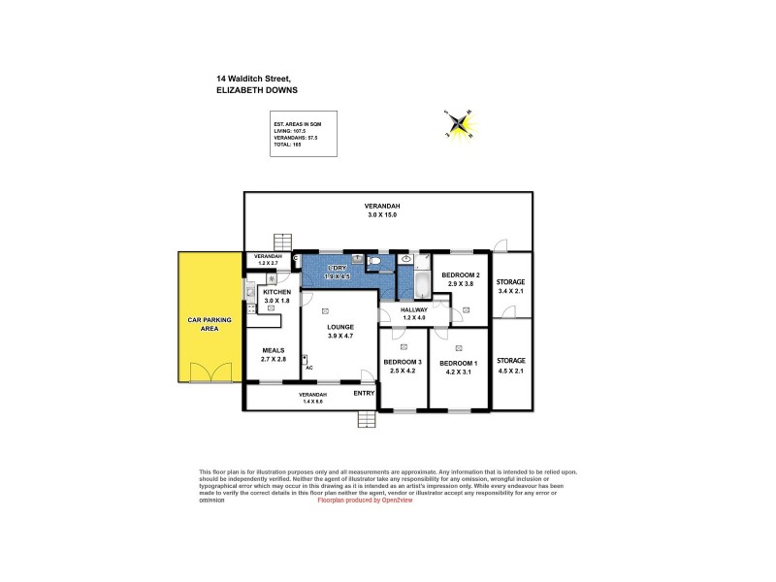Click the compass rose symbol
tap(459, 123)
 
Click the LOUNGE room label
tap(339, 331)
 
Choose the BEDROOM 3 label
tap(402, 365)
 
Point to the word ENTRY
tap(364, 394)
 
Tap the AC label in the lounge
tap(308, 368)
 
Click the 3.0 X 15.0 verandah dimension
tap(382, 214)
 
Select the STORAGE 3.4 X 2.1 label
tap(510, 285)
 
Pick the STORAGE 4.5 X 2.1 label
tap(510, 365)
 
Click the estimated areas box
tap(304, 133)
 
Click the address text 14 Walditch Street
tap(254, 79)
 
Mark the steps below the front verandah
tap(367, 420)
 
